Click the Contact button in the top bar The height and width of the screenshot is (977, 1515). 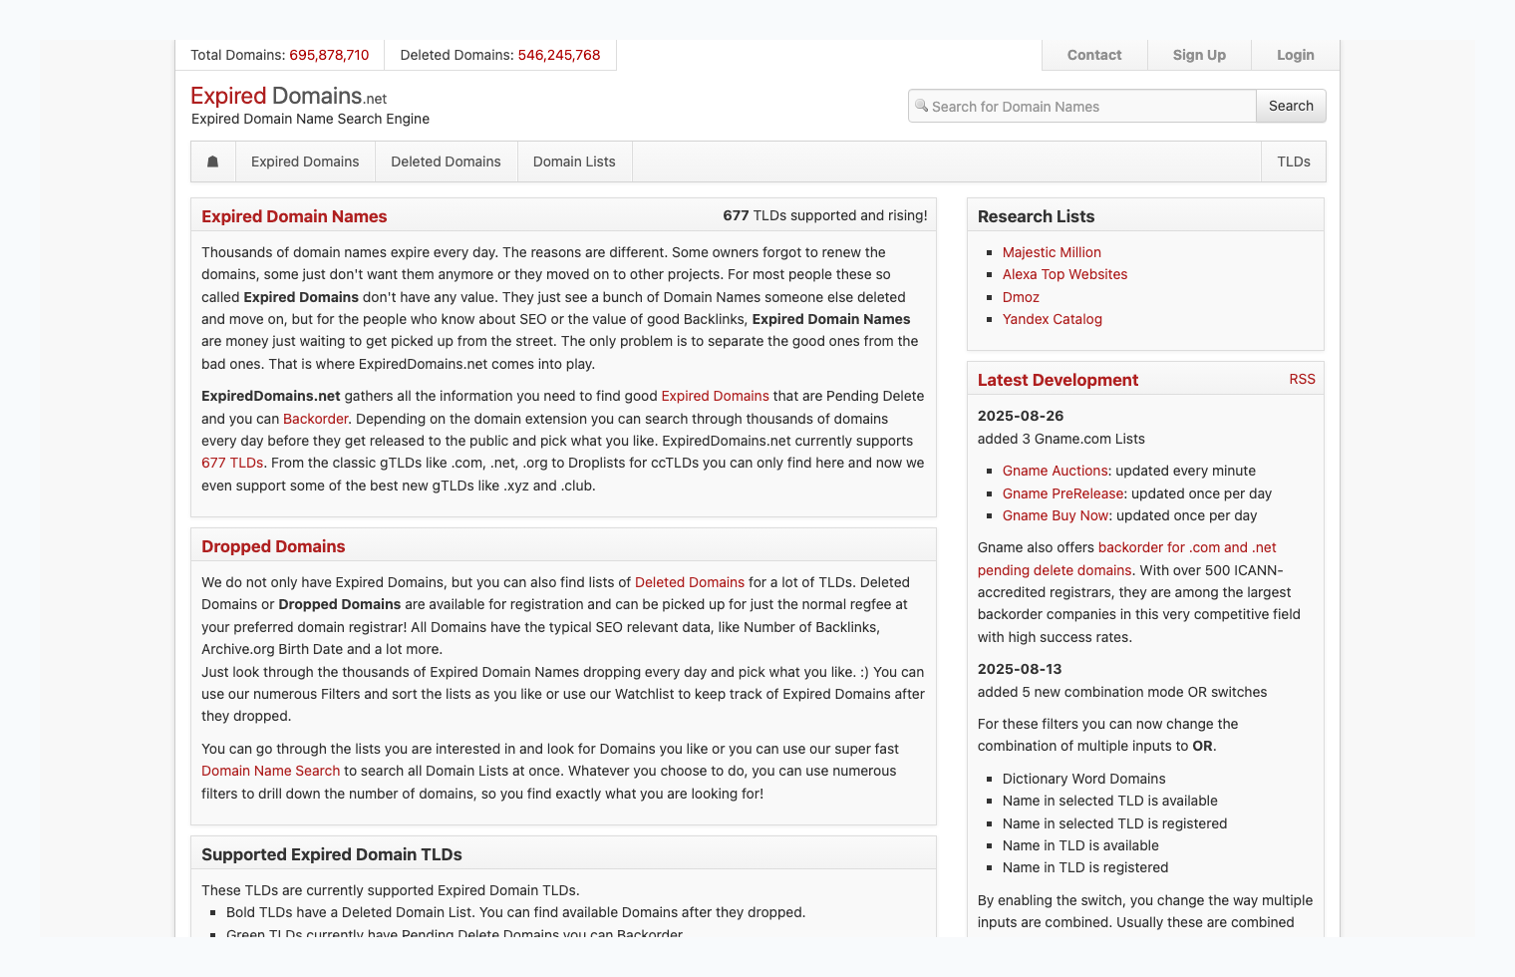tap(1093, 55)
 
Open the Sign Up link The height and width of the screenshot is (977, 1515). tap(1199, 55)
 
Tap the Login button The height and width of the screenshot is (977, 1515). tap(1295, 55)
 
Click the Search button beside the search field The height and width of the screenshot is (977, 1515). tap(1291, 106)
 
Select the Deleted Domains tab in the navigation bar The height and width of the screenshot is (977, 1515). tap(446, 162)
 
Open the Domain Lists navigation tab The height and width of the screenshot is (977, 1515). tap(574, 162)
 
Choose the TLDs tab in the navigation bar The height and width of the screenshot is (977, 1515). tap(1294, 162)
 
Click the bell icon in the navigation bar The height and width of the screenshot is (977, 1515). tap(212, 162)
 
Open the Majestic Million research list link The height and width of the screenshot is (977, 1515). tap(1052, 252)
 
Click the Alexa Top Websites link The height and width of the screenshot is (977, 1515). tap(1064, 274)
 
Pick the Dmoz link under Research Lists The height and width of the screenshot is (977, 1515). tap(1021, 297)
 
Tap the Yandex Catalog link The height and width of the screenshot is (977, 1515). tap(1052, 319)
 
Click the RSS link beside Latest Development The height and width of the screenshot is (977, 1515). tap(1302, 379)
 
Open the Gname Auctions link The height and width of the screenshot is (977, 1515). tap(1056, 471)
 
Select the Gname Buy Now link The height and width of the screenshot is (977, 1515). tap(1056, 515)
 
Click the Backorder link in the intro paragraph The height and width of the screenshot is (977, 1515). tap(315, 419)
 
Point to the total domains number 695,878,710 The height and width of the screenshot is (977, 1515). tap(329, 55)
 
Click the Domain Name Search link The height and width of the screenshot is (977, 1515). tap(270, 771)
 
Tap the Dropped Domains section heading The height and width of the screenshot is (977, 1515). tap(273, 546)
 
